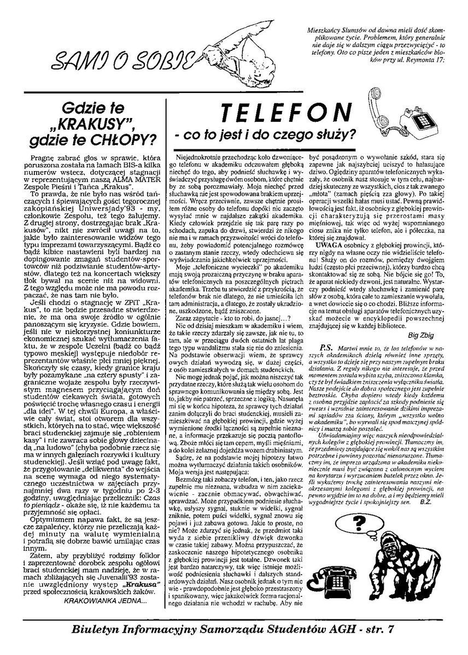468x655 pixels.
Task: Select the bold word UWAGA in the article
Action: [327, 247]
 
